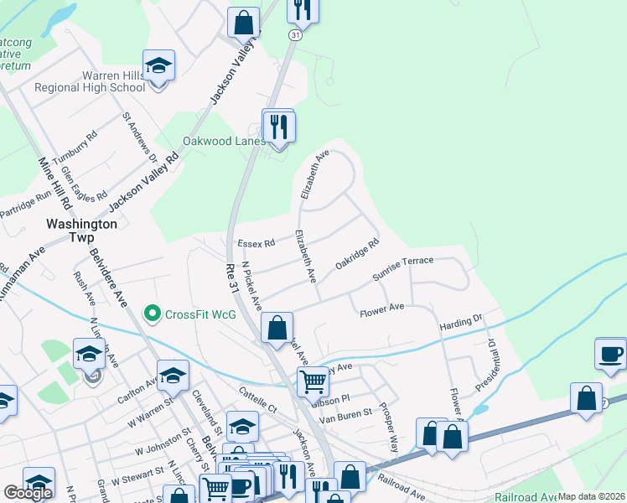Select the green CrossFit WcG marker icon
152,314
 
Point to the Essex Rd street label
256,244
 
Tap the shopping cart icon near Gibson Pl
313,381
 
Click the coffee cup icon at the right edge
610,352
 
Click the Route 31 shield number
294,35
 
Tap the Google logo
28,493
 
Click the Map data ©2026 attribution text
591,496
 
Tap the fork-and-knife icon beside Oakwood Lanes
278,127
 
